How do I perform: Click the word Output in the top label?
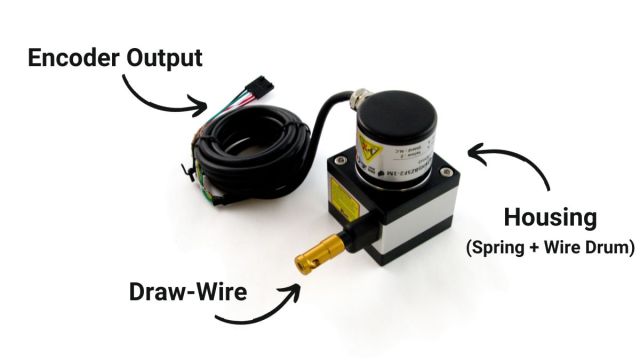tap(163, 57)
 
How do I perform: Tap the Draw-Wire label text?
tap(186, 293)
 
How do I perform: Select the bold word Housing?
tap(550, 217)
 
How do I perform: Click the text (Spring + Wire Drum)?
tap(551, 246)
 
